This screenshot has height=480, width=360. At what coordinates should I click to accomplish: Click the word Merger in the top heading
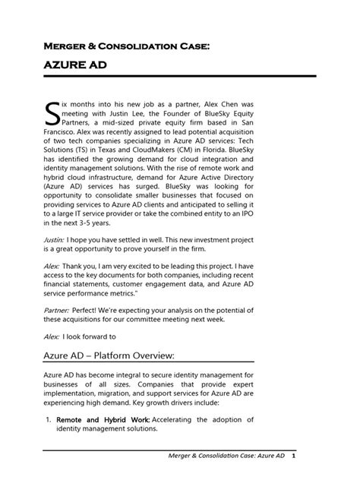tap(67, 46)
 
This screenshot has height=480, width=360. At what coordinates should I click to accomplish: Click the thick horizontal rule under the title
tap(179, 77)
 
